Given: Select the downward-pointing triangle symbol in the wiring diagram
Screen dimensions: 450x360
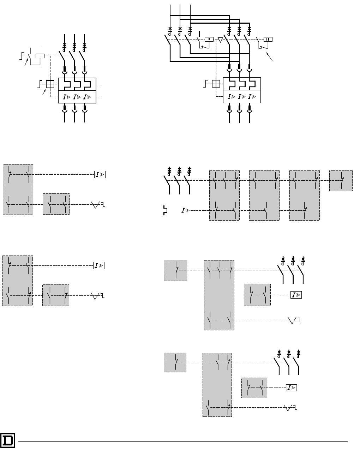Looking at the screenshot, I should pos(220,40).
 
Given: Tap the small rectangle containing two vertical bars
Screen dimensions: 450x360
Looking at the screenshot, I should pos(268,39).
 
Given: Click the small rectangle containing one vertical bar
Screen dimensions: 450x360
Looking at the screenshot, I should pos(209,39).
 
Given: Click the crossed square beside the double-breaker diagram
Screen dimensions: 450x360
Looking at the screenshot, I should pos(216,84).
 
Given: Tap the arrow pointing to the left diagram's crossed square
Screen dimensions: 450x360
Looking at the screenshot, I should pos(44,92).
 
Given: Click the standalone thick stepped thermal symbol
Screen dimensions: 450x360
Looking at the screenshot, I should pos(165,210).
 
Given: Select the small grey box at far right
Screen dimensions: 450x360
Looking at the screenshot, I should pos(341,181).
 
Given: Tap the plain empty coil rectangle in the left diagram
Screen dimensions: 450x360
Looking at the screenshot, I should pos(40,56).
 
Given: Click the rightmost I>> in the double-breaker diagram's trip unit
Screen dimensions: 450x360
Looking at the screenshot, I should pos(252,96).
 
